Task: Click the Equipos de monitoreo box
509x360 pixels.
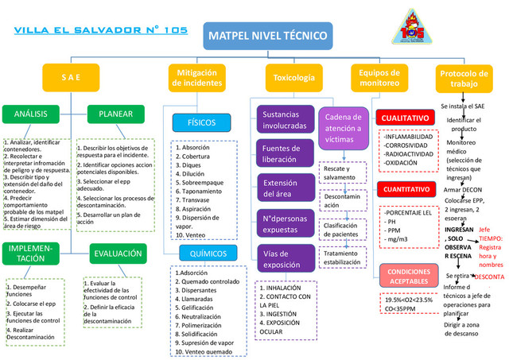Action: click(380, 78)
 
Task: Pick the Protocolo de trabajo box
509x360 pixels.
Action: click(469, 78)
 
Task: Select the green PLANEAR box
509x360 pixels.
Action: click(115, 114)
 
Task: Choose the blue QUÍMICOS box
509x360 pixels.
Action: click(203, 254)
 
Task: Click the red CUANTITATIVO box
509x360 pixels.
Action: click(408, 191)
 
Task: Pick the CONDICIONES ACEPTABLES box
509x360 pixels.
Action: click(408, 277)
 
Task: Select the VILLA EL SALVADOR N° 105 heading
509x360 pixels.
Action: click(101, 31)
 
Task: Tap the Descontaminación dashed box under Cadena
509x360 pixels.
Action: click(343, 200)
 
